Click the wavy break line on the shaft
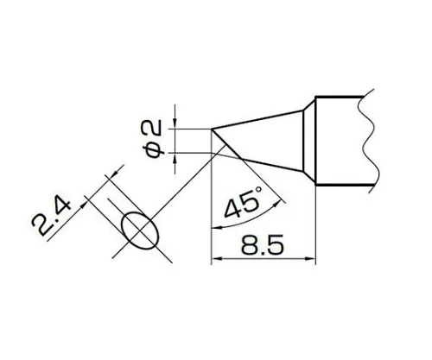368,138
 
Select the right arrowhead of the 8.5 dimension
315,258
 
